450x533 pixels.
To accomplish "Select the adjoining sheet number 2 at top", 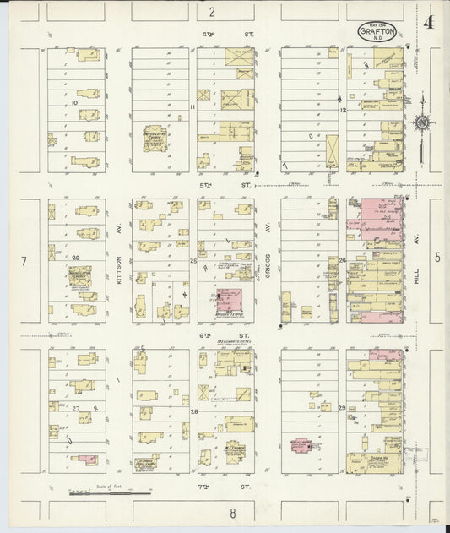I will pos(212,11).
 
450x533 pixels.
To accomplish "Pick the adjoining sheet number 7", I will pos(24,262).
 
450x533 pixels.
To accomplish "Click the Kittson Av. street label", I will pos(119,271).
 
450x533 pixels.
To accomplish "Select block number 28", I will pos(193,411).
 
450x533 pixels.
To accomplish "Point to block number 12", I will pos(343,109).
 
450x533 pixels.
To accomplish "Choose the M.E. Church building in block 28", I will pos(235,453).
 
